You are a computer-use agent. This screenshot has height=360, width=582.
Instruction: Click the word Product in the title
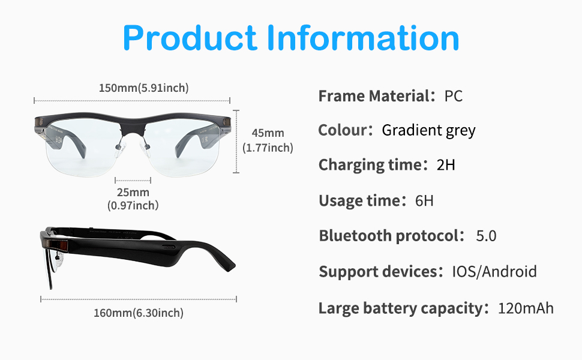coord(190,38)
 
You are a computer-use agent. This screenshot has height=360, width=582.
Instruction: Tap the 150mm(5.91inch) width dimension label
coord(143,88)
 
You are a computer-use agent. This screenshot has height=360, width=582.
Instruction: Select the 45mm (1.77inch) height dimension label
coord(268,140)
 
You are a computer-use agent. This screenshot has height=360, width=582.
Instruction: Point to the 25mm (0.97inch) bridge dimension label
coord(133,199)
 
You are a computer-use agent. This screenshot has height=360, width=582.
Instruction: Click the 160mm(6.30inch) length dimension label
coord(139,313)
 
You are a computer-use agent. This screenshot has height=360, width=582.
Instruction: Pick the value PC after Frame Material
coord(453,96)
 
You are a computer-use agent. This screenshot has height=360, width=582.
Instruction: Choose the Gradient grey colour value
coord(429,131)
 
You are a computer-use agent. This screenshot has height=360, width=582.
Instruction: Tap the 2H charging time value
coord(446,165)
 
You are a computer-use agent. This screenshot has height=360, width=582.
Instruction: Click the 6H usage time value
coord(424,201)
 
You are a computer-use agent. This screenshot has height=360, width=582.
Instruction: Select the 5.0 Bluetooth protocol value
coord(486,236)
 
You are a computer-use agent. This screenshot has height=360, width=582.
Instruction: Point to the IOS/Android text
coord(494,272)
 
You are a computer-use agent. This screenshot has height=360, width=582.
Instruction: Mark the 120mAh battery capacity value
coord(526,308)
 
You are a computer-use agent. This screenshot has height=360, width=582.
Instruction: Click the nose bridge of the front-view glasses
coord(133,128)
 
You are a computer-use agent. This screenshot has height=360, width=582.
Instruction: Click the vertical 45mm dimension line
coord(236,142)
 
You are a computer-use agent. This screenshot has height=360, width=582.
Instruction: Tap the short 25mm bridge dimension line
coord(133,181)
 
